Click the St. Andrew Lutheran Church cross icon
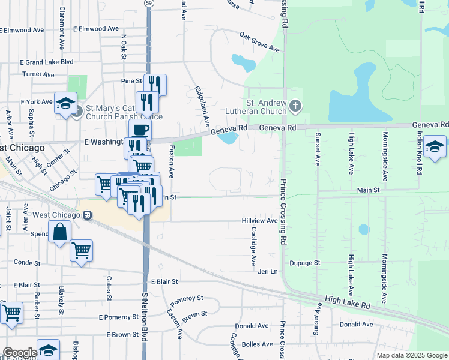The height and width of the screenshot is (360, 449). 295,106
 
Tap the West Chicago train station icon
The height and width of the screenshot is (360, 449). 87,215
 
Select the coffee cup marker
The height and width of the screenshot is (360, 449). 140,129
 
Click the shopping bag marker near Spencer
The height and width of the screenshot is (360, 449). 61,232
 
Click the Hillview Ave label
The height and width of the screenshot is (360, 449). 259,221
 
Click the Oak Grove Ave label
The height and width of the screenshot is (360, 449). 259,41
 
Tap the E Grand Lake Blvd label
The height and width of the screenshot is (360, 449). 46,62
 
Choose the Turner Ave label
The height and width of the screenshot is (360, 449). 38,74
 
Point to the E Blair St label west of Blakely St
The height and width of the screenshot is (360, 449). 20,285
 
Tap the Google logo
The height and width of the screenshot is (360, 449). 20,353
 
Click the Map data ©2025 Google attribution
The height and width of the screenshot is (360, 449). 412,355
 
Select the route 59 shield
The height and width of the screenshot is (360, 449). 148,3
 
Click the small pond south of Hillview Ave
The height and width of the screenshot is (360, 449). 364,229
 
